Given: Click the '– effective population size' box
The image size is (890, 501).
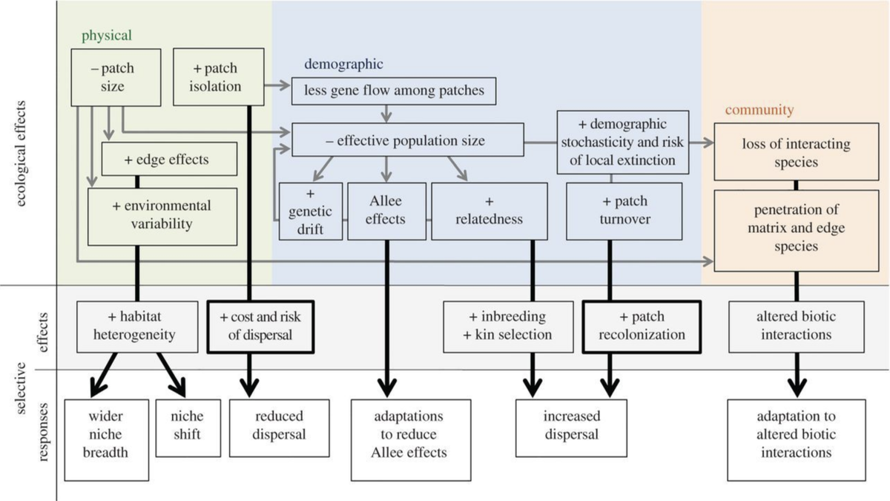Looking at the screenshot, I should point(406,140).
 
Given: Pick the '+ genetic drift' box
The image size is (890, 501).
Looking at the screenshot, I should point(311,211).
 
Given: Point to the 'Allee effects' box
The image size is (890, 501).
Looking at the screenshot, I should point(386,211).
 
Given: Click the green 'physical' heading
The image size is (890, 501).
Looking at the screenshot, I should point(107,35).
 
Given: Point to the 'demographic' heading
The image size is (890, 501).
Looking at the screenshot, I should point(343,65).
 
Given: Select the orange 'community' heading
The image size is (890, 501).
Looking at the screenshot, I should point(759,111).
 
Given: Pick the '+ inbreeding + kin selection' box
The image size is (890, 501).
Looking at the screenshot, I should point(507,326).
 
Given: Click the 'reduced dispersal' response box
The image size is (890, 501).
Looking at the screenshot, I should point(279,425).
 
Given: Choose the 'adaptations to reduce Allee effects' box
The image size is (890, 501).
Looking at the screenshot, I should point(411,434).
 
